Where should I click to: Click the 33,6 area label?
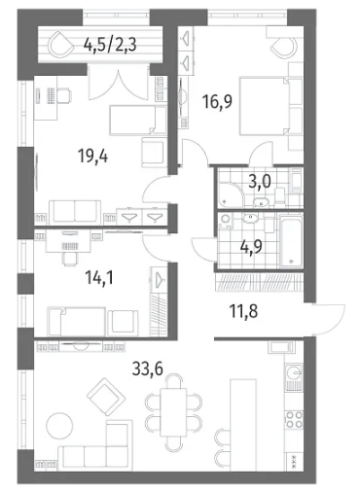point(148,368)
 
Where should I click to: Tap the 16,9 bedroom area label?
point(217,101)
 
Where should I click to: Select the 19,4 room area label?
point(93,157)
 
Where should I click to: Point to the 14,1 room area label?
point(99,278)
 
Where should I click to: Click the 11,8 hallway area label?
point(243,311)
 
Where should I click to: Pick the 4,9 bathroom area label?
point(251,247)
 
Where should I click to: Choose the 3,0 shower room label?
point(260,182)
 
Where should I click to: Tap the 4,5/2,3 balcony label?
point(110,45)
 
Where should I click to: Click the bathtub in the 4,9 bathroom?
point(291,240)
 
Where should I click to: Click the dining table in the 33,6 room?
point(173,412)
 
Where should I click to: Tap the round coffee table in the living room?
point(59,425)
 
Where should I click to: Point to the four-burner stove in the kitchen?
point(294,420)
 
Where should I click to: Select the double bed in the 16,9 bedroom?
point(264,106)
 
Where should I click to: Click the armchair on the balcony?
point(61,44)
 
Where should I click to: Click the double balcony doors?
point(119,85)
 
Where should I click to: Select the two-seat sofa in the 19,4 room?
point(75,212)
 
